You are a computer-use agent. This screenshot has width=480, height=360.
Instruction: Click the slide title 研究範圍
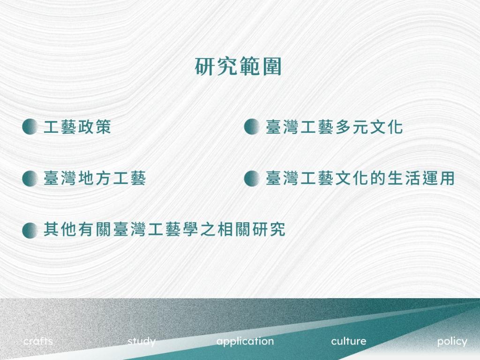click(238, 67)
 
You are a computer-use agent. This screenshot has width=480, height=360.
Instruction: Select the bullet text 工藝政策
click(77, 127)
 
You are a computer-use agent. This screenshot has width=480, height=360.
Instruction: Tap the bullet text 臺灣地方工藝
click(95, 178)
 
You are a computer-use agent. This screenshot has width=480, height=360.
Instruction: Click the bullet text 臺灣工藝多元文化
click(334, 127)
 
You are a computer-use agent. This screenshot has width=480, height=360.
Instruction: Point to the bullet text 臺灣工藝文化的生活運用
click(360, 178)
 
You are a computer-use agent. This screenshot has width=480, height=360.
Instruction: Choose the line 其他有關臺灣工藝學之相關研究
click(165, 229)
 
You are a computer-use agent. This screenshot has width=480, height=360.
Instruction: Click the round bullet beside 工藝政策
click(30, 127)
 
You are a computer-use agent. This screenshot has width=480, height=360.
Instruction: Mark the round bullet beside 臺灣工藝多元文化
click(252, 127)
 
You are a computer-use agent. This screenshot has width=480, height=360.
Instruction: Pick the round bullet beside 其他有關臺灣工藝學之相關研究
click(30, 230)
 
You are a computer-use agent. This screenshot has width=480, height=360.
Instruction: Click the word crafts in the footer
click(38, 341)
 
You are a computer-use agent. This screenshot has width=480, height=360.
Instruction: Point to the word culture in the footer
click(348, 341)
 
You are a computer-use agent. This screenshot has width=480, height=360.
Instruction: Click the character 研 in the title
click(205, 67)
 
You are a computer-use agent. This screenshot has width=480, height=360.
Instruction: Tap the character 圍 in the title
click(271, 67)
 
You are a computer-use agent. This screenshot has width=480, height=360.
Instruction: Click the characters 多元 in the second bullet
click(352, 127)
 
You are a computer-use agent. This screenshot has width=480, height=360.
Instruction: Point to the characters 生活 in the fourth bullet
click(403, 178)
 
